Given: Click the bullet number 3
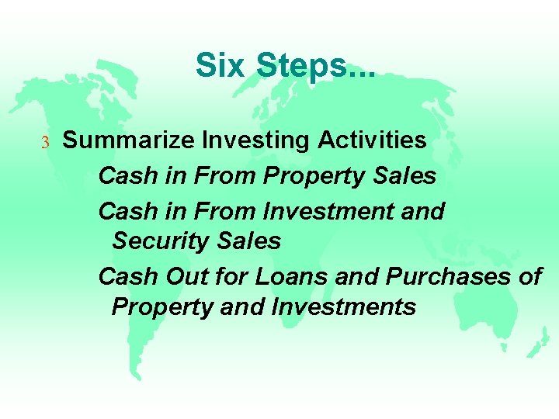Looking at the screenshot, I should tap(45, 142).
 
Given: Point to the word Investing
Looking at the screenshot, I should tap(248, 140).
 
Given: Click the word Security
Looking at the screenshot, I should tap(155, 241).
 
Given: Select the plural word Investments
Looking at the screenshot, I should tap(344, 307).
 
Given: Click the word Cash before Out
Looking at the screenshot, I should tap(127, 276).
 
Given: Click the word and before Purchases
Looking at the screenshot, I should tap(359, 276).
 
